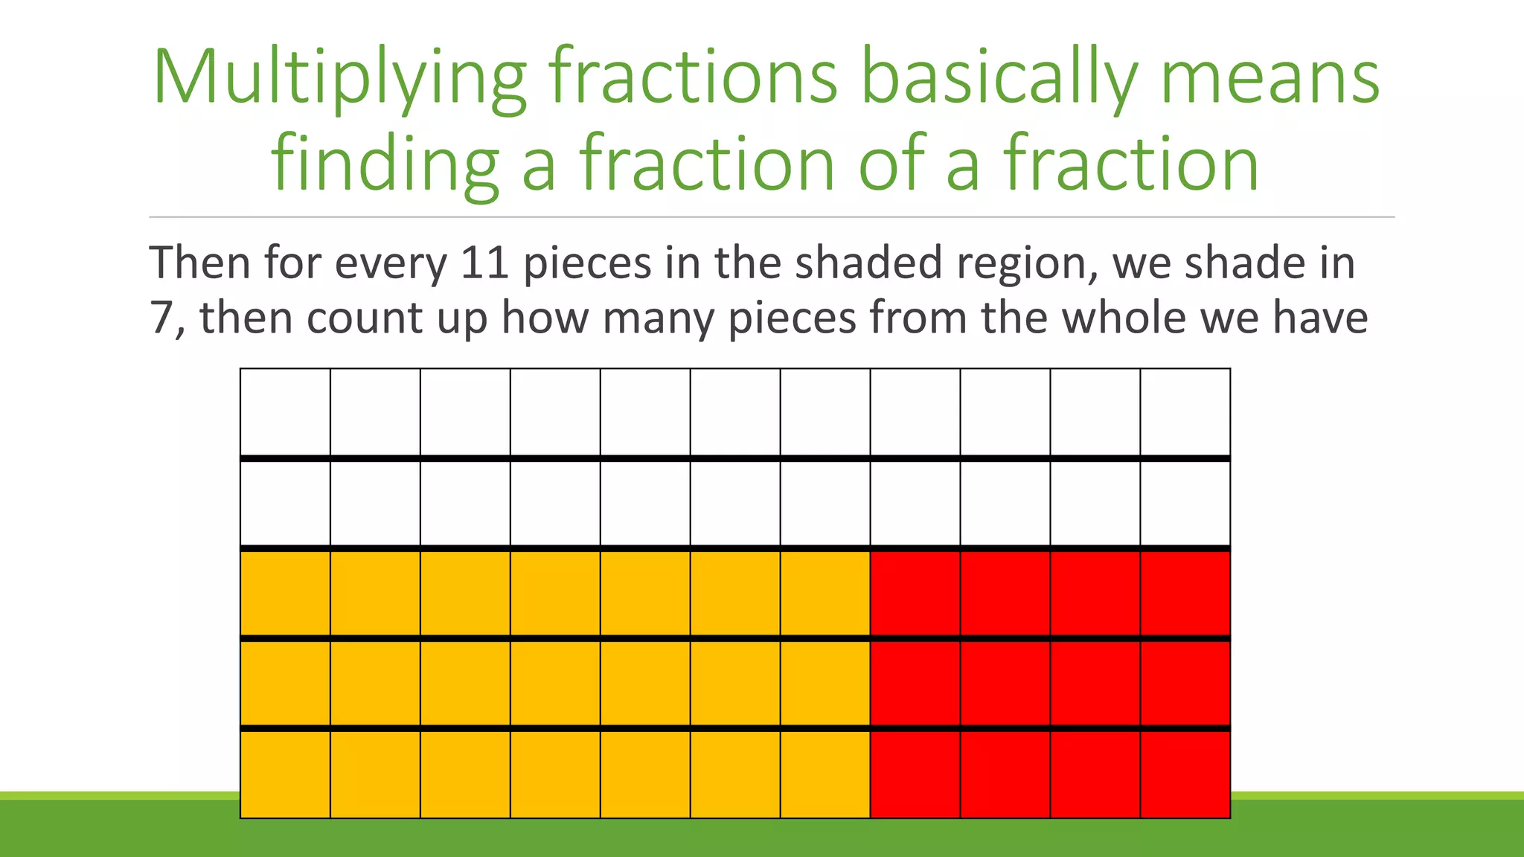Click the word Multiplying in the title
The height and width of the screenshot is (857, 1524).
point(339,79)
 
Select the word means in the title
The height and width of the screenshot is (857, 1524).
point(1270,79)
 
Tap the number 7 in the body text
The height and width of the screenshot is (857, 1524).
point(161,318)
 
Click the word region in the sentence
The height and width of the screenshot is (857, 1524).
point(1027,264)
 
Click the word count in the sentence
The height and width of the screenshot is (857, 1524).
point(365,318)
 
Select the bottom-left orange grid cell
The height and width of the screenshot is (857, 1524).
point(285,774)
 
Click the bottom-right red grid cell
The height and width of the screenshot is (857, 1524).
point(1185,774)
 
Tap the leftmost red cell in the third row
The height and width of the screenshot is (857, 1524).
point(915,593)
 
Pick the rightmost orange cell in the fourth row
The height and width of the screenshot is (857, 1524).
point(825,683)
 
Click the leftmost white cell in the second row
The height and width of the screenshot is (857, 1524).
point(285,503)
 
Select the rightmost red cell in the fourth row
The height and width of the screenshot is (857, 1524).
point(1185,683)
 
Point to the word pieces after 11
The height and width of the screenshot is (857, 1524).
point(587,264)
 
